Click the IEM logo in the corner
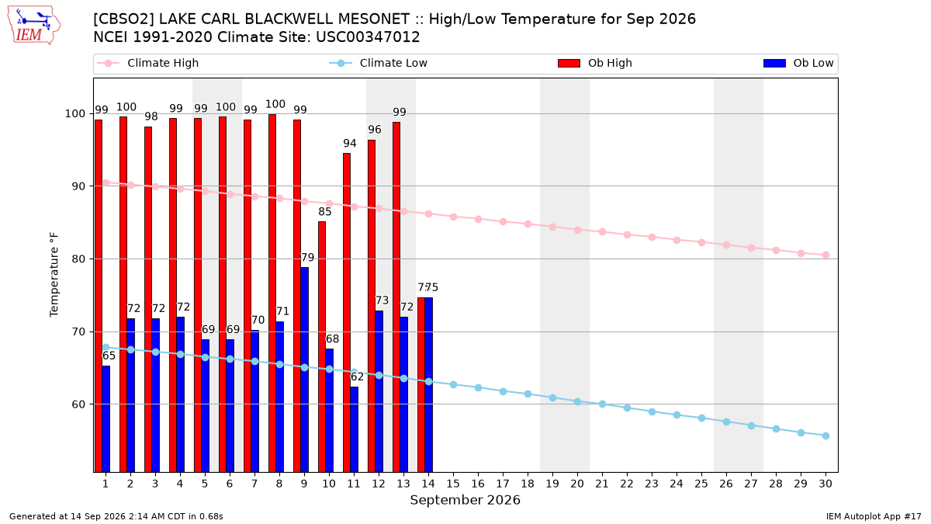coord(34,26)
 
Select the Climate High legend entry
coord(148,63)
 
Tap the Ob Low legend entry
coord(798,63)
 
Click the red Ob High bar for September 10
coord(322,347)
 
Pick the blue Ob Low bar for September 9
coord(304,370)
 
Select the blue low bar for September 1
coord(106,419)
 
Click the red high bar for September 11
coord(347,313)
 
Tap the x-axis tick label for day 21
coord(602,484)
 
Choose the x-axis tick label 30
coord(825,484)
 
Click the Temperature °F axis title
coord(54,275)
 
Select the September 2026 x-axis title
coord(465,500)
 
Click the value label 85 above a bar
coord(325,212)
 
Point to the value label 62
coord(357,377)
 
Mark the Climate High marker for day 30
coord(825,255)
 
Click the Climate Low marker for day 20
coord(577,402)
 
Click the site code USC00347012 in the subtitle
coord(368,37)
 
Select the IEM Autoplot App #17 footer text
coord(874,516)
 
